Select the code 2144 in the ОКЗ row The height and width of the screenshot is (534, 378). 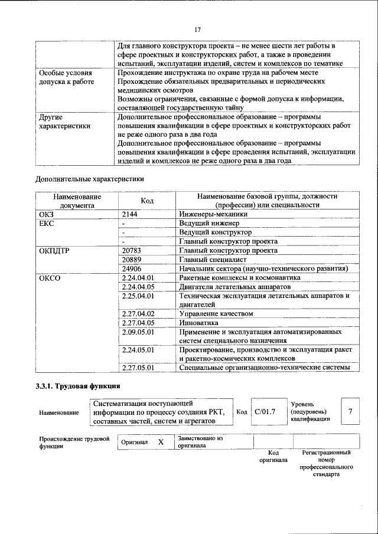coord(129,215)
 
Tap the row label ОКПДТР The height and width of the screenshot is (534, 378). coord(54,250)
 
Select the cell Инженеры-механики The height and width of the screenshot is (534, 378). coord(213,215)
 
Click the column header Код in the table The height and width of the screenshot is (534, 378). coord(148,201)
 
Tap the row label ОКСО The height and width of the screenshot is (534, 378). coord(49,277)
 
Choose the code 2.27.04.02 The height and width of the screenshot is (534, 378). coord(137,313)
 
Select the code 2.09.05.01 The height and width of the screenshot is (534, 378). coord(137,332)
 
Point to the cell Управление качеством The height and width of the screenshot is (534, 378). coord(216,313)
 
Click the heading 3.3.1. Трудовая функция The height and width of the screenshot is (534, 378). coord(78,387)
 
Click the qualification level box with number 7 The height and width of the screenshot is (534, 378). coord(351,411)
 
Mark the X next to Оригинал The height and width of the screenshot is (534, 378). coord(160,442)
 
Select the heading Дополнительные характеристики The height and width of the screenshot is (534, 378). coord(89,178)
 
